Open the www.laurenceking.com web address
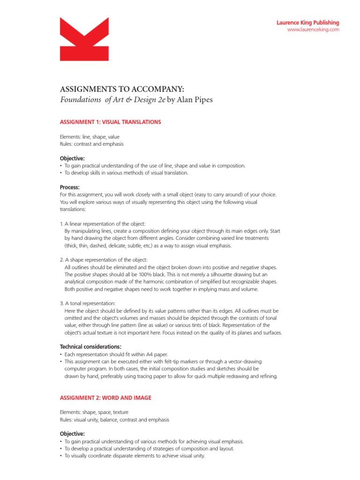point(313,30)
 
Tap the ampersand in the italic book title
point(126,99)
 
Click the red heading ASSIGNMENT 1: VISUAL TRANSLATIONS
point(111,122)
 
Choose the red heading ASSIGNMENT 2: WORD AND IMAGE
point(105,397)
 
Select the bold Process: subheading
point(70,187)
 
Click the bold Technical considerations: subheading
point(91,346)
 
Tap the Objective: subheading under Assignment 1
point(72,158)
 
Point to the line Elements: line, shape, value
point(90,136)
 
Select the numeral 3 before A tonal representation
point(61,303)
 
